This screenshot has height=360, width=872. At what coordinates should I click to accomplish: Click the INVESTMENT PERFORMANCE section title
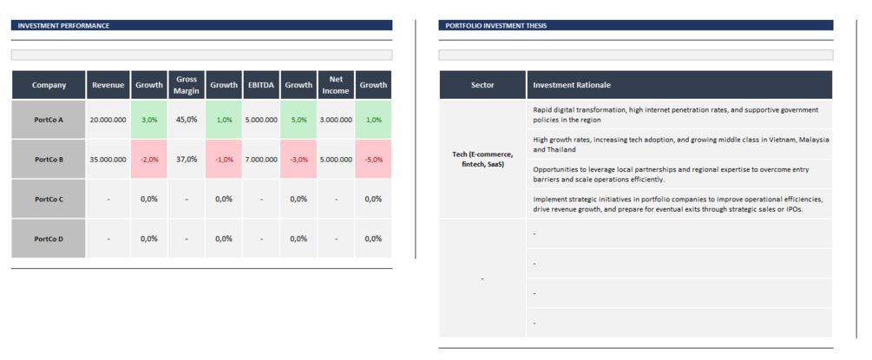[x=63, y=26]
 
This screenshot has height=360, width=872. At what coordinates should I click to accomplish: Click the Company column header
[x=49, y=85]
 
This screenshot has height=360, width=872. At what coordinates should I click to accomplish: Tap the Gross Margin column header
[x=186, y=85]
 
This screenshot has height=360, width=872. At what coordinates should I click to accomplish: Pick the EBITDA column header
[x=261, y=85]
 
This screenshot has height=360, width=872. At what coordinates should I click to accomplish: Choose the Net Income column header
[x=336, y=85]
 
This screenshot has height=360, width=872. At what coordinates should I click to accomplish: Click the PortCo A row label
[x=49, y=120]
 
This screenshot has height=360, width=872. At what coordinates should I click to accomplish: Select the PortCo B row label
[x=49, y=160]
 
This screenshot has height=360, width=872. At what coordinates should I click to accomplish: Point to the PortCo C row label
[x=49, y=200]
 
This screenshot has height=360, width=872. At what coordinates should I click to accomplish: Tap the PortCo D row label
[x=49, y=239]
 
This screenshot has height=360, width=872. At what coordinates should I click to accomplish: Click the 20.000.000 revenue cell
[x=108, y=120]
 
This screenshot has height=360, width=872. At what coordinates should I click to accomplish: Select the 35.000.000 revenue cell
[x=108, y=160]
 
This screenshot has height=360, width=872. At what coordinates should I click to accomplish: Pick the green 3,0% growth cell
[x=149, y=120]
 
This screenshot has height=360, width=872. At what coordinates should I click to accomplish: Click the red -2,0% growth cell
[x=149, y=160]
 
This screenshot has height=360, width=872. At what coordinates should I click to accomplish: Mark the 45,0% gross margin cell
[x=186, y=120]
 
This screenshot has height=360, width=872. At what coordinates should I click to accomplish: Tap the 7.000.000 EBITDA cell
[x=261, y=160]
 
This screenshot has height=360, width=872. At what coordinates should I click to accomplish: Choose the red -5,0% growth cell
[x=373, y=160]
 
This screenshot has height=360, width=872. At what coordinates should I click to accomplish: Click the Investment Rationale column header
[x=572, y=85]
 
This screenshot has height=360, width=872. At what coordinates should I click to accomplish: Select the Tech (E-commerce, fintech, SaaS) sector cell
[x=482, y=159]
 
